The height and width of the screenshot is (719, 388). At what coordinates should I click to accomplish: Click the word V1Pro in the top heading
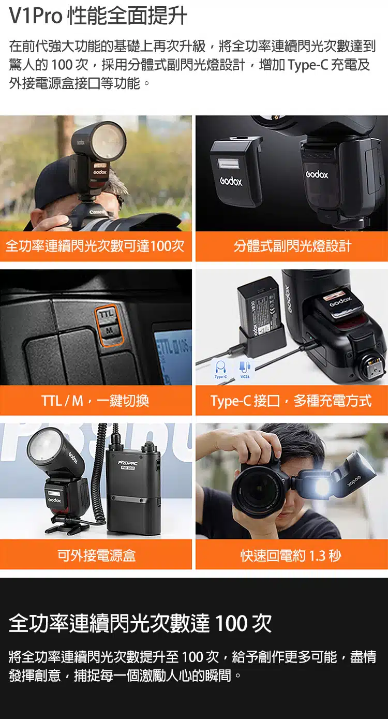[x=36, y=16]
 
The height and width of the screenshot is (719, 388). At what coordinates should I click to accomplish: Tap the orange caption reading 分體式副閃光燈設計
[x=292, y=246]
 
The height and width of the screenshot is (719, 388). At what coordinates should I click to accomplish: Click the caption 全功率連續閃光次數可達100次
[x=95, y=246]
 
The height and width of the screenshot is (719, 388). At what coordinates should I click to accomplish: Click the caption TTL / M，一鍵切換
[x=95, y=401]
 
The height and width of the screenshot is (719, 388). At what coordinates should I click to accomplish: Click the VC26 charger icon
[x=245, y=368]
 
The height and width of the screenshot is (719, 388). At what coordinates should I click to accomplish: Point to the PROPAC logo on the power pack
[x=128, y=463]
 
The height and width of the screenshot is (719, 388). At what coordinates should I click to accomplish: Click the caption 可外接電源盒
[x=96, y=555]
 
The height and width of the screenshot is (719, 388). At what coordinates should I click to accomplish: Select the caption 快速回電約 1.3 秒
[x=291, y=555]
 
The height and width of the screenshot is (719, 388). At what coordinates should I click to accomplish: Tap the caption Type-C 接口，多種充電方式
[x=291, y=401]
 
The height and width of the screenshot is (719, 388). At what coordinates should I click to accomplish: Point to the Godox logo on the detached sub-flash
[x=231, y=182]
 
